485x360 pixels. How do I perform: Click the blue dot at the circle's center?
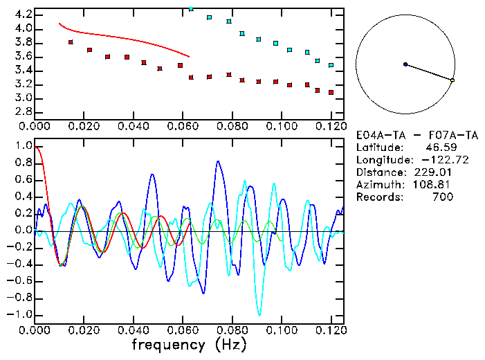click(x=405, y=64)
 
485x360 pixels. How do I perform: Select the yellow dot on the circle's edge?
click(x=452, y=81)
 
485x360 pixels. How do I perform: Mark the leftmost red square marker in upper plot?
click(x=71, y=42)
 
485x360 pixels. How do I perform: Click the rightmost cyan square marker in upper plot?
click(x=331, y=65)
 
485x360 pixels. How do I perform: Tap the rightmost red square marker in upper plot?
click(x=331, y=92)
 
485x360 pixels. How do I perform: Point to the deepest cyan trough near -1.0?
click(x=259, y=315)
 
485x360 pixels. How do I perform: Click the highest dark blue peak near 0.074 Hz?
click(x=218, y=161)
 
